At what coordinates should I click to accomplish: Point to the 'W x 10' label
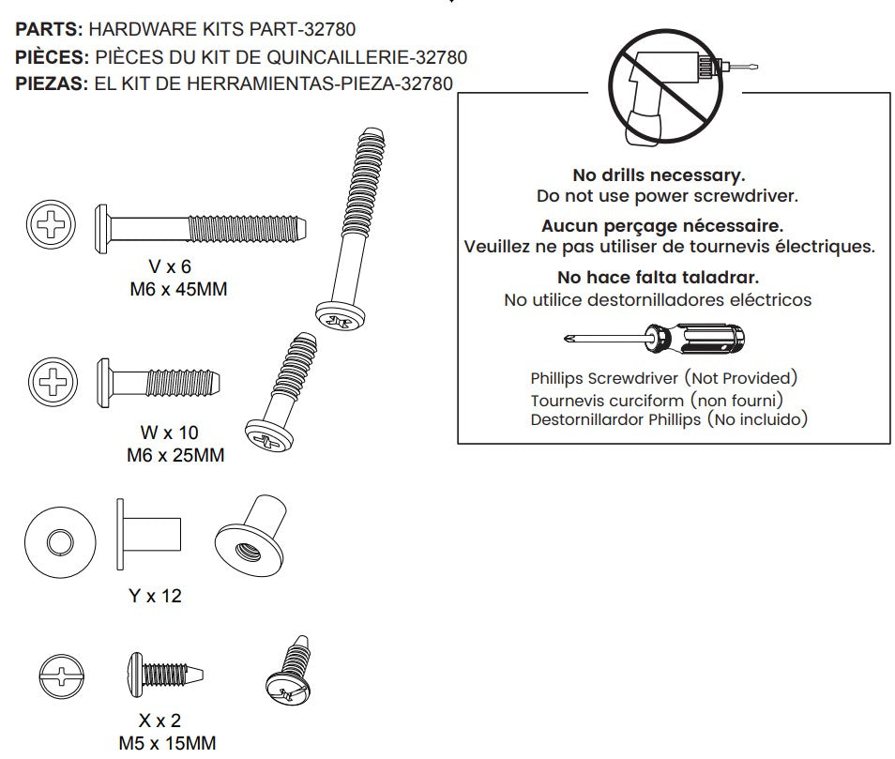[169, 434]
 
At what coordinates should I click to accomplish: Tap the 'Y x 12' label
[155, 596]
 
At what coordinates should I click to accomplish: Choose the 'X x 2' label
[154, 721]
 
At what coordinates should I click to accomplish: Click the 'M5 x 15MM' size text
[167, 744]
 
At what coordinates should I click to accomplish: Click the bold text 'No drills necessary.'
[658, 175]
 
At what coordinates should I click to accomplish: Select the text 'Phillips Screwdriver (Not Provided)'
[663, 378]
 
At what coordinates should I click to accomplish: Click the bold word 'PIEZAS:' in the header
[51, 83]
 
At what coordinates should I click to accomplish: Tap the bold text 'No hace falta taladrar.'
[658, 278]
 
